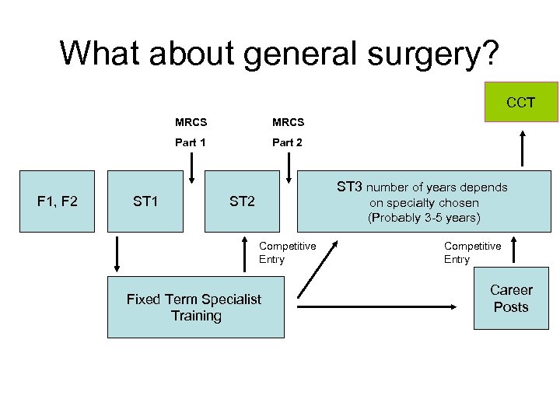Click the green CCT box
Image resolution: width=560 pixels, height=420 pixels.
[x=520, y=102]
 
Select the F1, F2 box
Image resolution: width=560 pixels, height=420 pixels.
[x=58, y=201]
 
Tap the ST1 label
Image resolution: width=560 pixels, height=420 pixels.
[x=145, y=201]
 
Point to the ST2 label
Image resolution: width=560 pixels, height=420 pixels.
[x=242, y=201]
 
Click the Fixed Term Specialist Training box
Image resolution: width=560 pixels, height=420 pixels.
[x=195, y=307]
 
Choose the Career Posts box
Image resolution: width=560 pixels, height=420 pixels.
[x=511, y=299]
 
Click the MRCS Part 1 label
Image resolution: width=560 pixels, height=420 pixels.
[x=191, y=132]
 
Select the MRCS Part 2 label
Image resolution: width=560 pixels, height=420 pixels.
[x=288, y=132]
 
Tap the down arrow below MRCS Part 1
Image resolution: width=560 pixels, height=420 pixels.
[x=191, y=165]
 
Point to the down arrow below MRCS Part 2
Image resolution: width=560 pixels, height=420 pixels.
[x=289, y=165]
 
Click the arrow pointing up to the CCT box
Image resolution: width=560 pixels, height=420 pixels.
[x=522, y=149]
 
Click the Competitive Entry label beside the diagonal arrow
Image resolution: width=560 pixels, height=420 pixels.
[x=287, y=253]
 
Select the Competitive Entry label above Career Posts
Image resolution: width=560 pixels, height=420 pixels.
[x=472, y=253]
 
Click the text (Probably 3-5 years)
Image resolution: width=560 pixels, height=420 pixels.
[x=424, y=217]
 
